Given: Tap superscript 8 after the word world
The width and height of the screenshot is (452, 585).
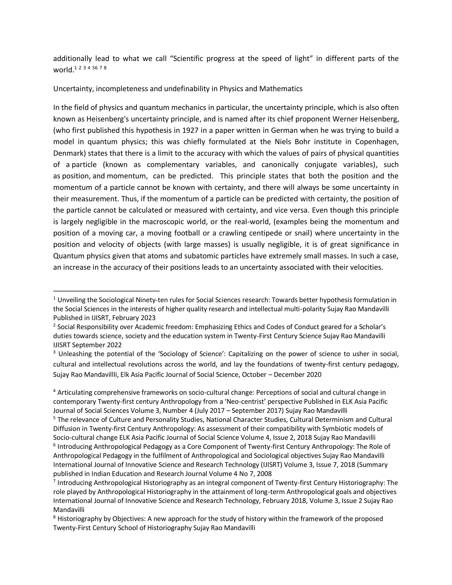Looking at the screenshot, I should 105,68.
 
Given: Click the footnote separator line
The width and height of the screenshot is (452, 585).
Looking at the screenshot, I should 106,291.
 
